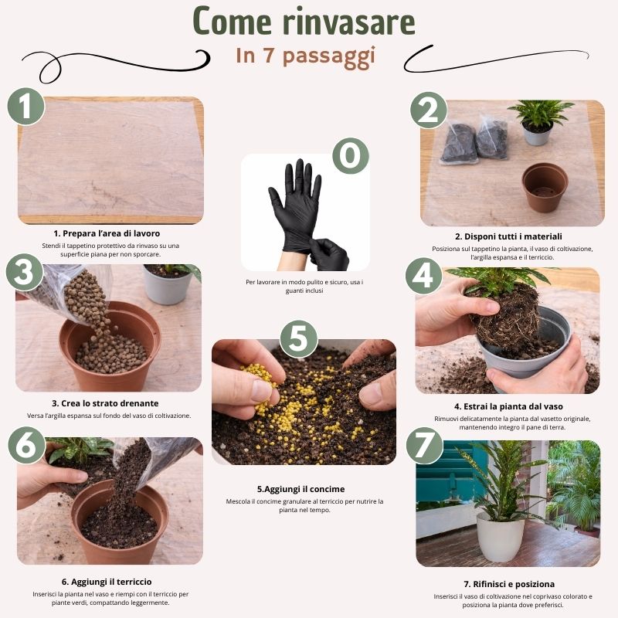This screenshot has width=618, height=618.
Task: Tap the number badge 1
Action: point(26,106)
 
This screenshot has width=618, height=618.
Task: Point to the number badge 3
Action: point(25,273)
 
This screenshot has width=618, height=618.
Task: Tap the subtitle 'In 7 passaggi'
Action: point(305,56)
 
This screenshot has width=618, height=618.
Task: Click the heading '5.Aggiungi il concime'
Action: point(301,489)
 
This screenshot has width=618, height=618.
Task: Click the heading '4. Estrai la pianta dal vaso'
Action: point(508,406)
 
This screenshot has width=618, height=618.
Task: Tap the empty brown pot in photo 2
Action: point(545,186)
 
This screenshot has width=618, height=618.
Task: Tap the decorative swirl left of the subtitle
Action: point(116,59)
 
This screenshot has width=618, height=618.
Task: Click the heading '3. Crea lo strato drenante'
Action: point(105,402)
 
